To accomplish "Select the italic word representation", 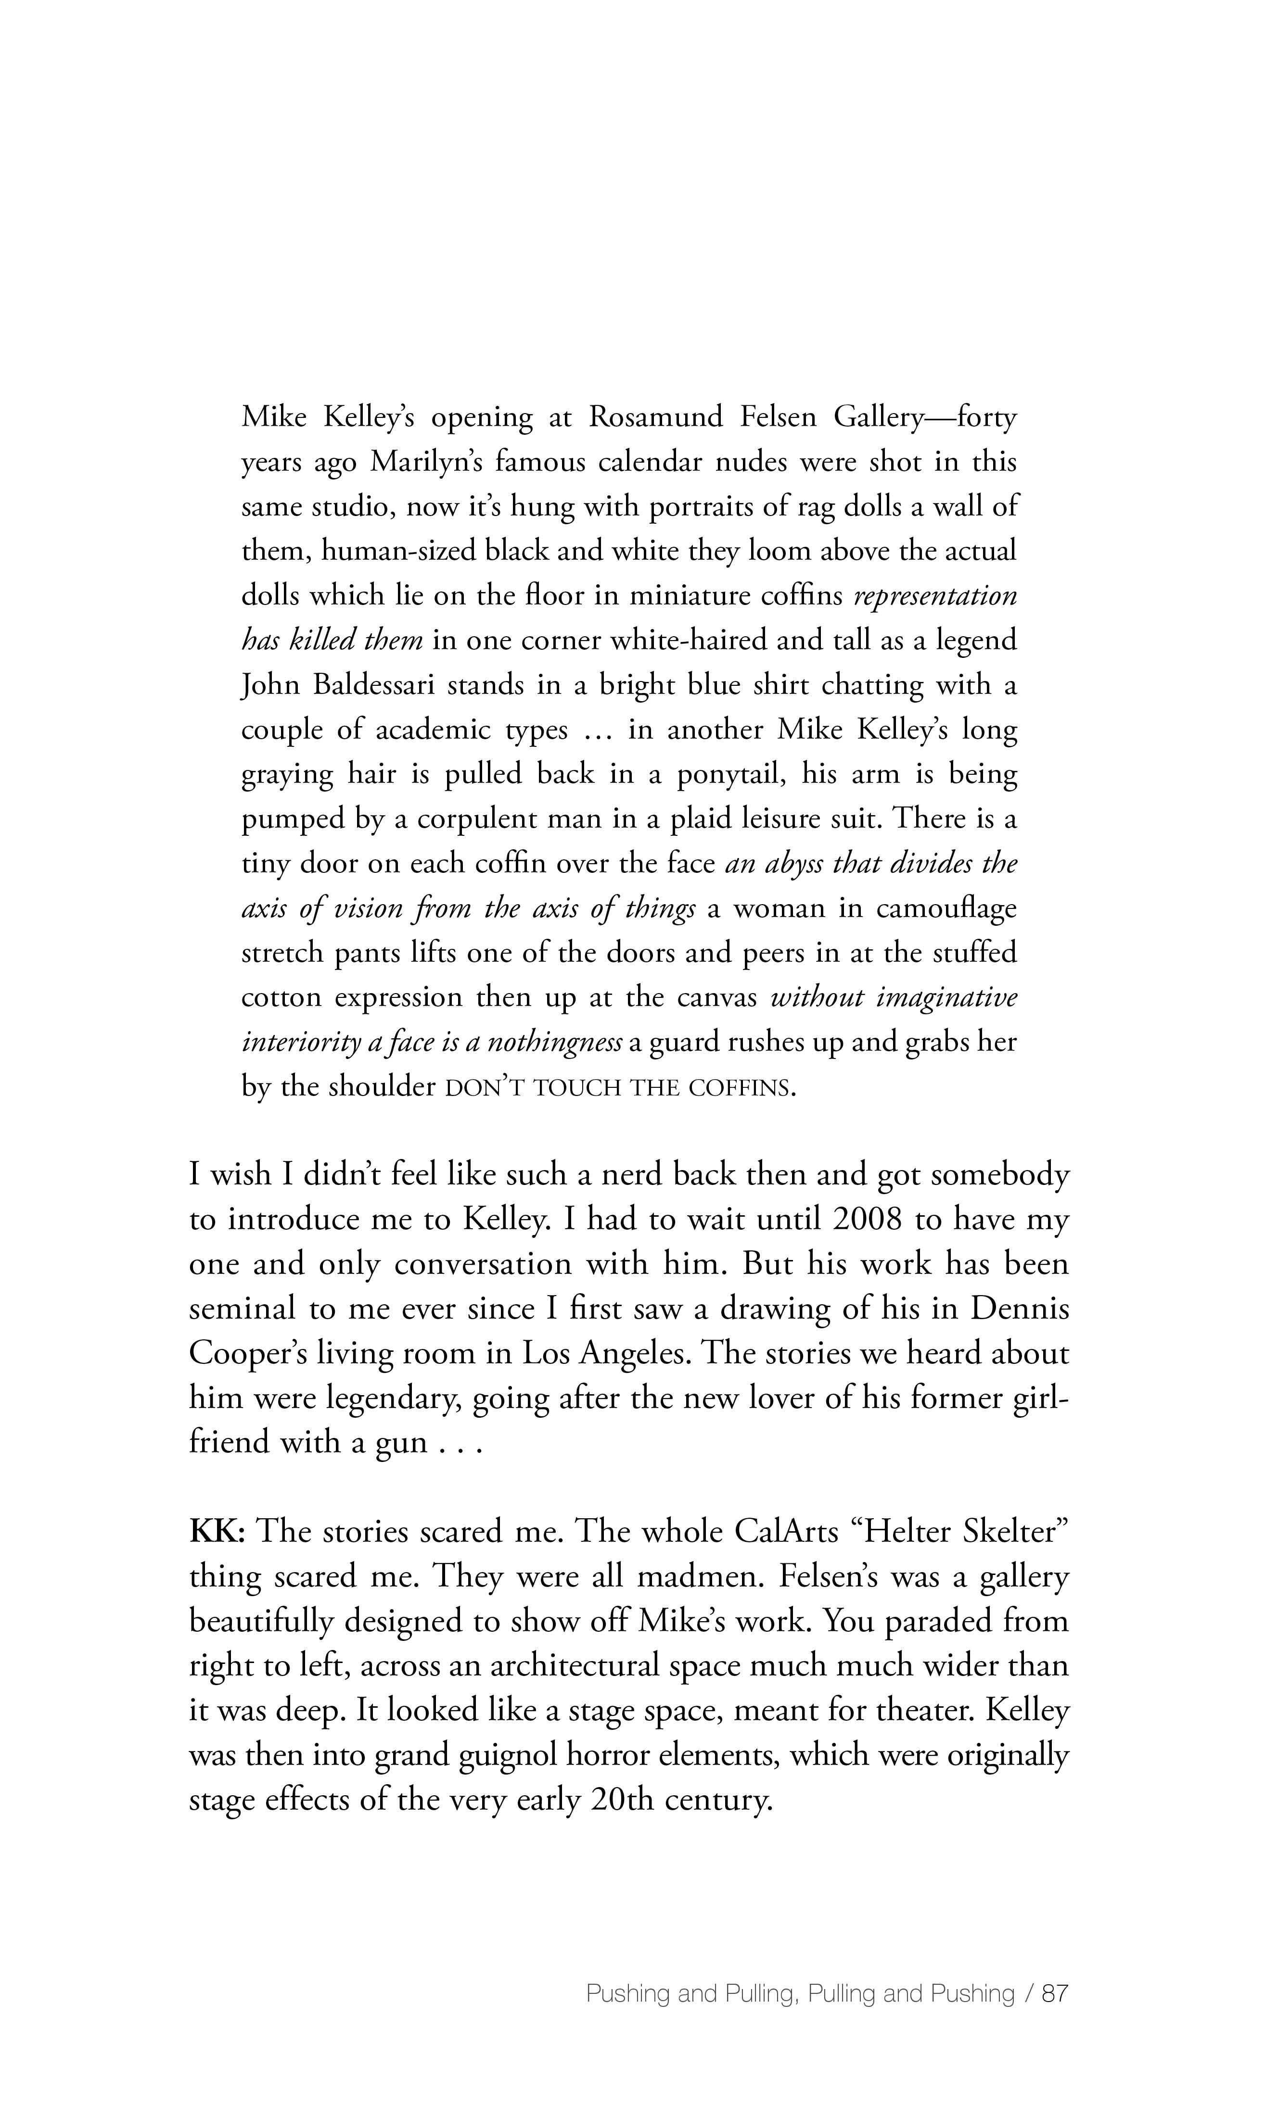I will [935, 596].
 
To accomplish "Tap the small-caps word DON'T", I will [485, 1088].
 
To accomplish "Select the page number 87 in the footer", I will [1055, 1994].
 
